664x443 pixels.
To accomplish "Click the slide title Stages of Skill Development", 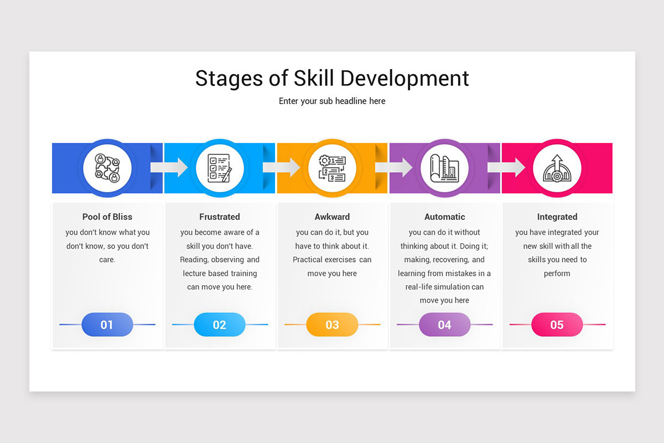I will [332, 79].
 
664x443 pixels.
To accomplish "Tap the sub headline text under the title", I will [332, 101].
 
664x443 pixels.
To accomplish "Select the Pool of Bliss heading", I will [107, 217].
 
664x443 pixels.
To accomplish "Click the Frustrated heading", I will [220, 217].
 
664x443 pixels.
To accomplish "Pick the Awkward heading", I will [332, 217].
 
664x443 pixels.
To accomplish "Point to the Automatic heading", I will [444, 217].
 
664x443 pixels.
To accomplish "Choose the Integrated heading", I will [557, 217].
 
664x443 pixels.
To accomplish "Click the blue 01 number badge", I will [107, 324].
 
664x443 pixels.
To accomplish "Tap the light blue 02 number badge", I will [220, 324].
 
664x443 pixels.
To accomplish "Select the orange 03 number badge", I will [332, 324].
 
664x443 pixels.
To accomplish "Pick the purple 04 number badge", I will [444, 324].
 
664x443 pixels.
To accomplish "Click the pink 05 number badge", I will [557, 324].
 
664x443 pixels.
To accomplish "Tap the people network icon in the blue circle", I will [107, 168].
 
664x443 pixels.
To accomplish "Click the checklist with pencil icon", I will [220, 168].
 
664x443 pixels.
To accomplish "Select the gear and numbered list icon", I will [332, 168].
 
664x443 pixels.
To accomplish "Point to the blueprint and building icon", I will [444, 168].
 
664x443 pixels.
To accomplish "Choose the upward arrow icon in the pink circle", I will [557, 168].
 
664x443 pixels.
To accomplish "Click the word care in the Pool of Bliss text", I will [107, 260].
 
